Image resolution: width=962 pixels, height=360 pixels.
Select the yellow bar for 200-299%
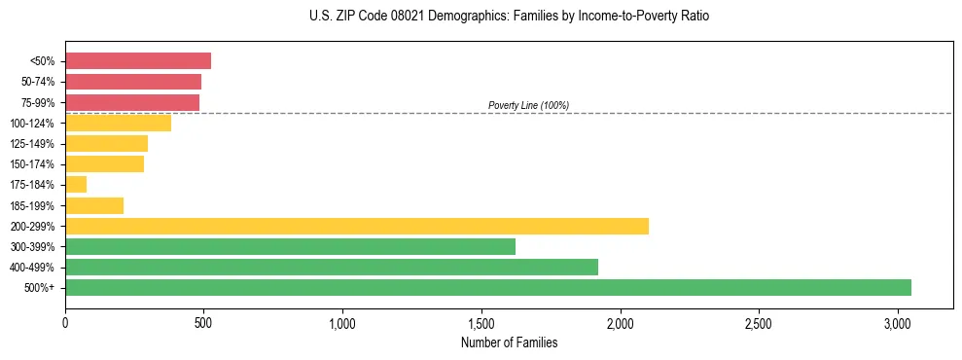coord(357,226)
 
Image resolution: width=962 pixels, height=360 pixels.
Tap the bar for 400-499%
coord(332,267)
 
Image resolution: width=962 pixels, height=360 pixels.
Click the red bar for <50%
coord(138,61)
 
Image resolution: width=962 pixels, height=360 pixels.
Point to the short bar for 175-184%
coord(76,184)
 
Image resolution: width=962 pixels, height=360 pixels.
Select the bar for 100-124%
coord(119,123)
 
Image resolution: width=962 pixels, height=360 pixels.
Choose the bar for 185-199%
coord(94,205)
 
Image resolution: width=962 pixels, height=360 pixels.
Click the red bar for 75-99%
coord(132,102)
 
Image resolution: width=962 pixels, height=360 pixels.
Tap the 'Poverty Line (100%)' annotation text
coord(528,105)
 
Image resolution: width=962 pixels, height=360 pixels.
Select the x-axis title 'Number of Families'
coord(510,342)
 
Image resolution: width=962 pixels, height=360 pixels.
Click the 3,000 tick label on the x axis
coord(898,323)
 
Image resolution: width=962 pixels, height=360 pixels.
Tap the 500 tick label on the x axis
coord(204,323)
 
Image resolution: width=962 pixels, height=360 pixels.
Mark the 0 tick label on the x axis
coord(65,323)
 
